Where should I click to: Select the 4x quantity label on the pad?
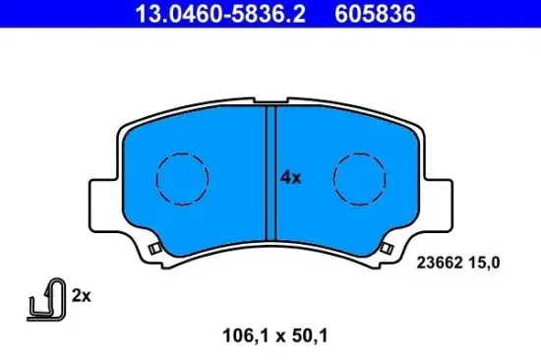tap(289, 178)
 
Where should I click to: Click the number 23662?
tap(439, 262)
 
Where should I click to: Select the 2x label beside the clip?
tap(81, 293)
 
